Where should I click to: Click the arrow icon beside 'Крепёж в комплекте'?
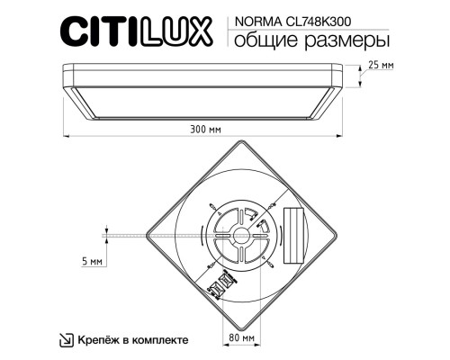point(66,340)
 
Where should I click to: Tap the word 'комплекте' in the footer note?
point(161,340)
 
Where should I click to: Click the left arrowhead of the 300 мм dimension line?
point(66,138)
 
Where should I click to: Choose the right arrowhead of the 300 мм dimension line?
point(345,138)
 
